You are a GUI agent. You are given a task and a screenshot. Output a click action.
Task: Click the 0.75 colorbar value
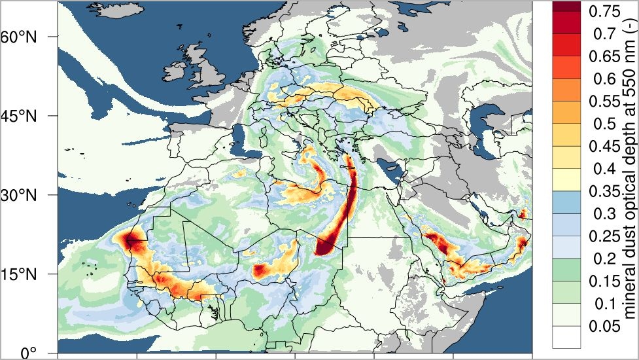pos(604,11)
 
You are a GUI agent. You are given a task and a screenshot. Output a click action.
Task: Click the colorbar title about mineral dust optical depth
pos(629,177)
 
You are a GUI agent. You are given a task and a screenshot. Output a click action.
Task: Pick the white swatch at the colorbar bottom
pos(566,337)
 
